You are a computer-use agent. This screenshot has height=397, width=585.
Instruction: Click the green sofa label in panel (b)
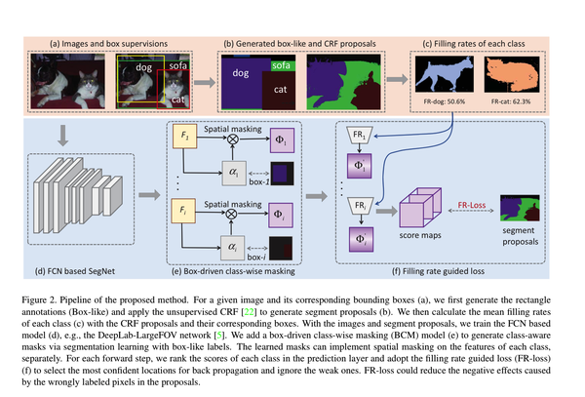281,65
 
